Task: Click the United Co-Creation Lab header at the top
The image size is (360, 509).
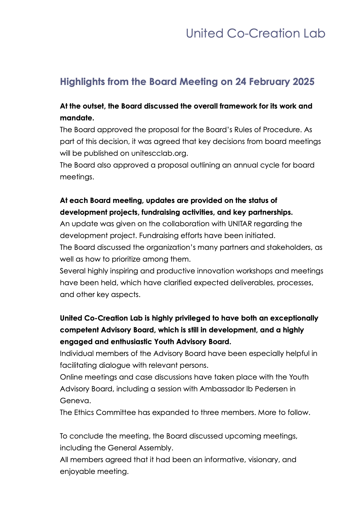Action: click(x=255, y=33)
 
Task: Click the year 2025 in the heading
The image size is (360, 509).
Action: click(x=303, y=82)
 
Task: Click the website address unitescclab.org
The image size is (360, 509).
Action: click(x=159, y=153)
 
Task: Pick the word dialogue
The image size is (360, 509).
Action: click(x=115, y=365)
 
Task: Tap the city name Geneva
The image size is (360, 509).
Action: click(x=75, y=401)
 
